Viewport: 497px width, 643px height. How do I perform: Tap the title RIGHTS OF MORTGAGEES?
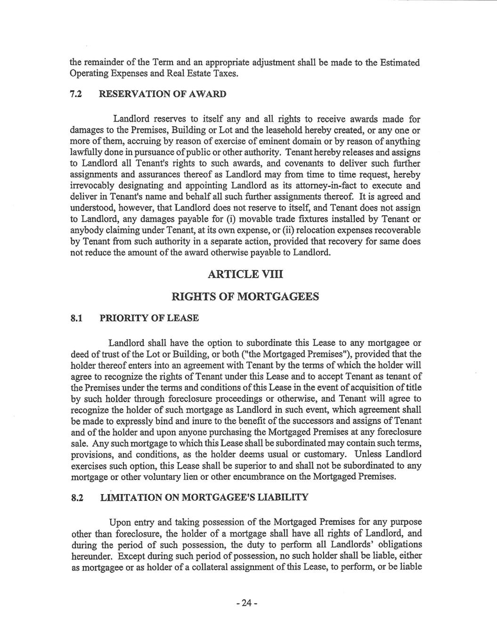click(245, 297)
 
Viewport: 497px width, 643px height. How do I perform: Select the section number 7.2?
click(76, 94)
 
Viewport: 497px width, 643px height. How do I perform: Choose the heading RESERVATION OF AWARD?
click(163, 94)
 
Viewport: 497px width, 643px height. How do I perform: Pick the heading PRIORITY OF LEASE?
click(149, 318)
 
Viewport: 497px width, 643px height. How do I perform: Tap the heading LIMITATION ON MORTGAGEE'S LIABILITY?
click(204, 498)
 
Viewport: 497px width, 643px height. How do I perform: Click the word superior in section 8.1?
click(264, 466)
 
